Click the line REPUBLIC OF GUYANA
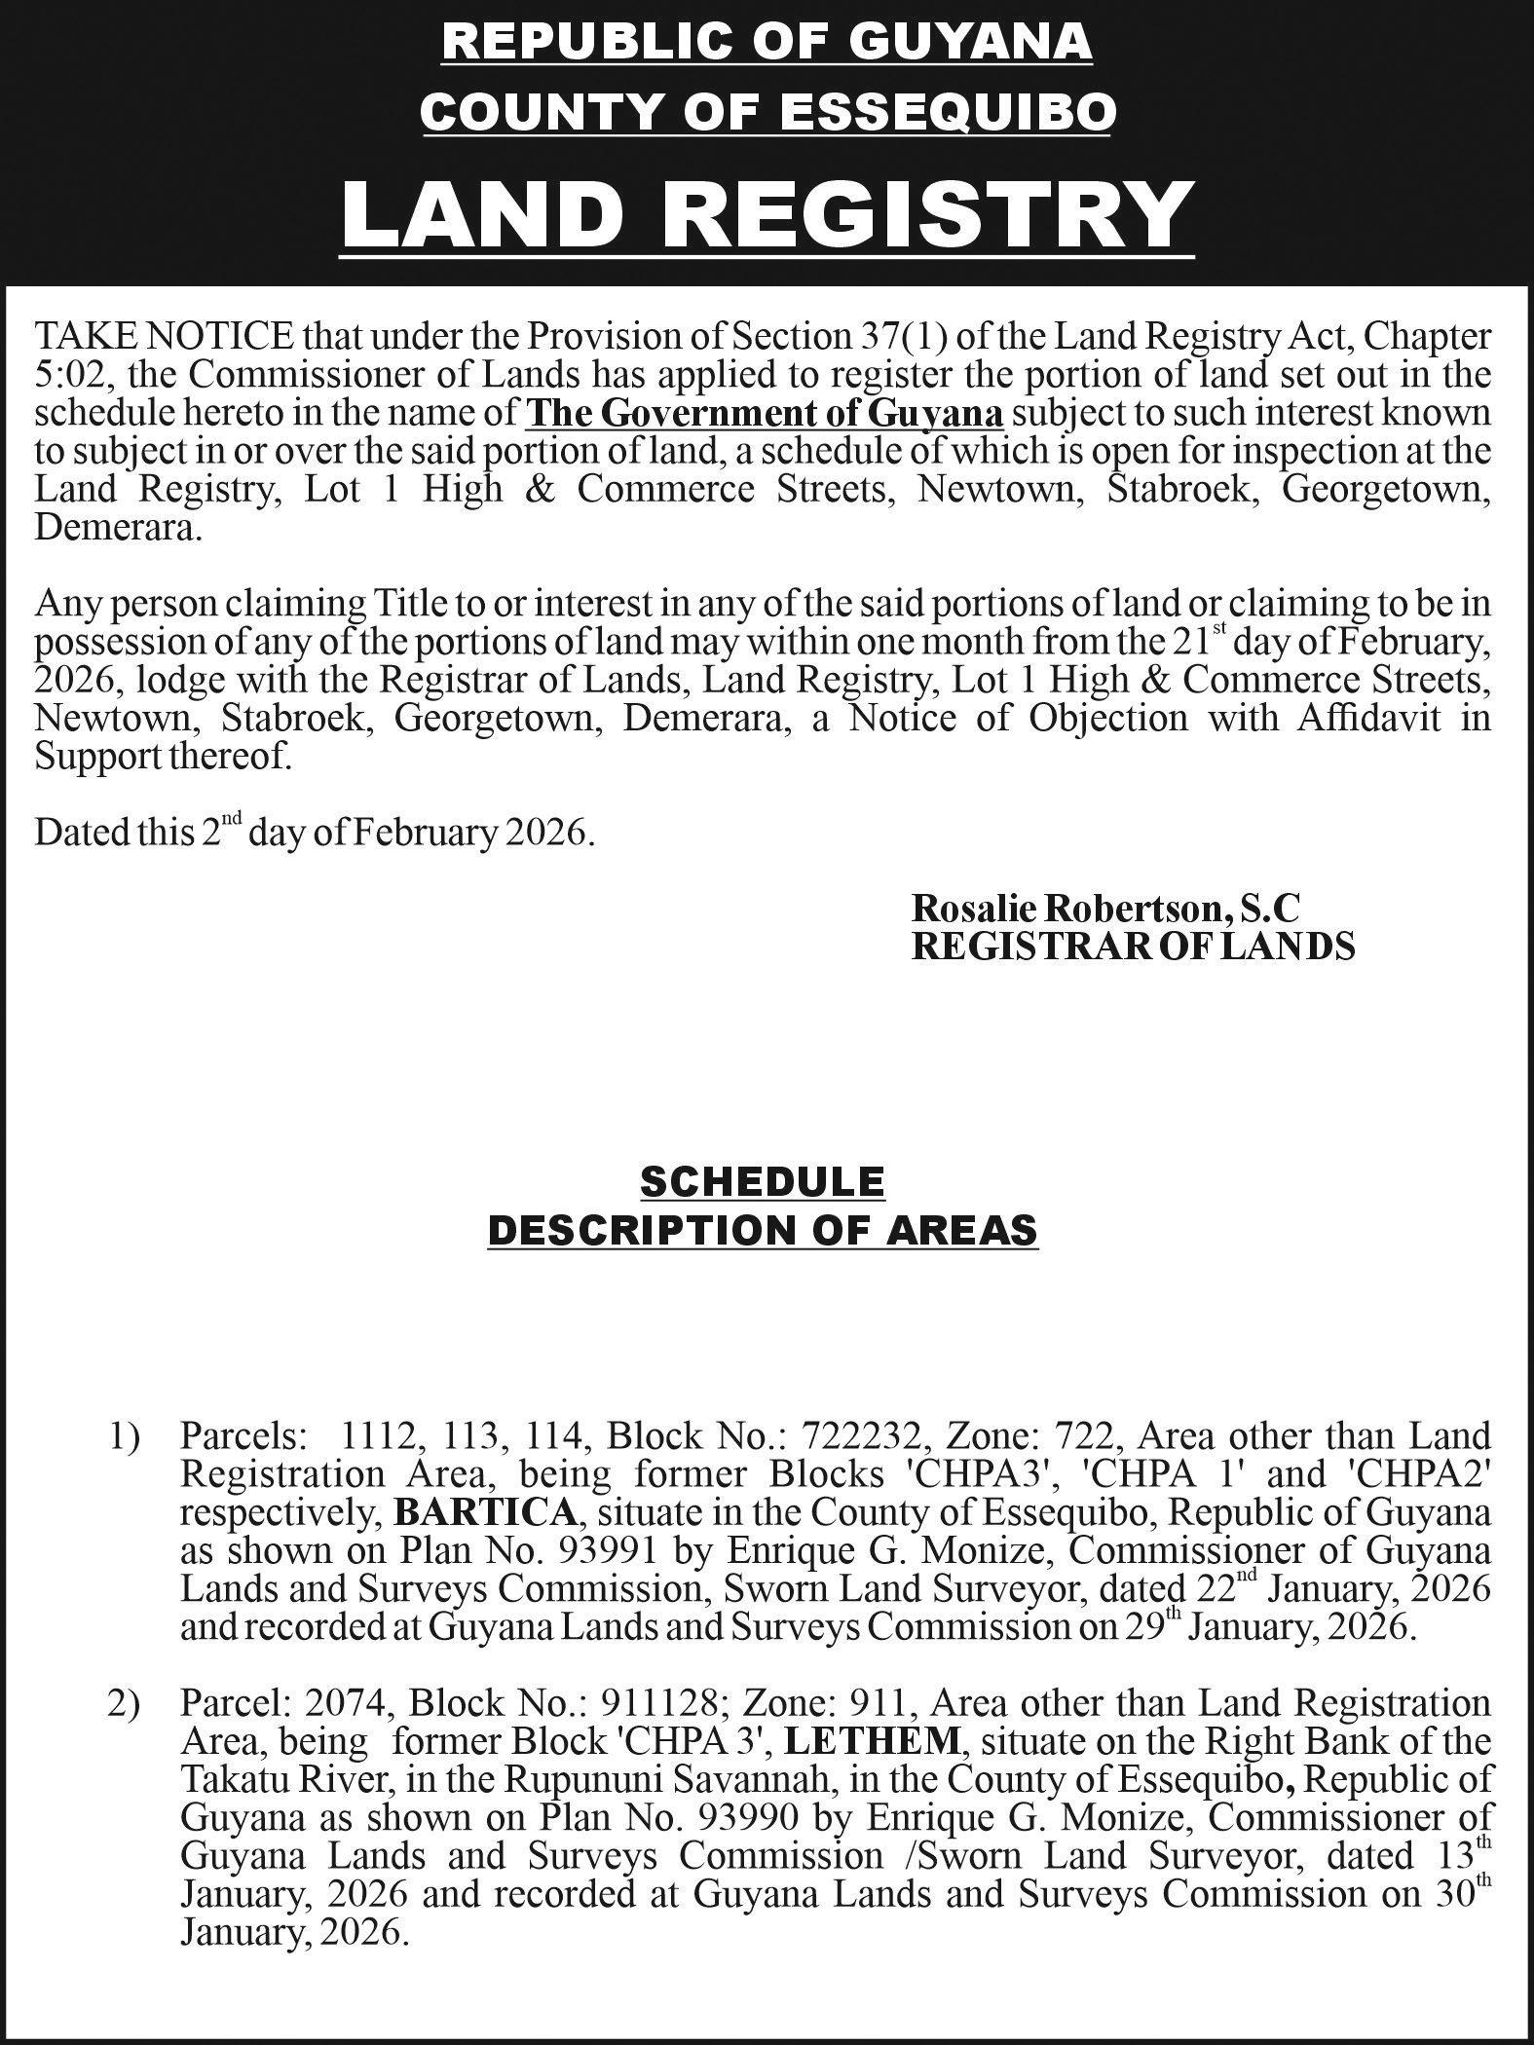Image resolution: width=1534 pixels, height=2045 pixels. pyautogui.click(x=767, y=43)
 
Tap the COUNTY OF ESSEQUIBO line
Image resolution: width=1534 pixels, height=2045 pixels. pyautogui.click(x=767, y=113)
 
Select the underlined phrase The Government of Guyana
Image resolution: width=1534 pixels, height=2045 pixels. pyautogui.click(x=765, y=414)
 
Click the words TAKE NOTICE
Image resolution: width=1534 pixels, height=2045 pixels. pyautogui.click(x=164, y=337)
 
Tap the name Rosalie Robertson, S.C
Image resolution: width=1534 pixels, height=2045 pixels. pyautogui.click(x=1105, y=908)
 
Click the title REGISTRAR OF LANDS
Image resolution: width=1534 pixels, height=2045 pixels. pyautogui.click(x=1133, y=947)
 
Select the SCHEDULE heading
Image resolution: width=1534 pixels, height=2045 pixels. pyautogui.click(x=763, y=1182)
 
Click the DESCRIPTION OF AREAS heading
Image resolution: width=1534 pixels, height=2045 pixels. pyautogui.click(x=763, y=1231)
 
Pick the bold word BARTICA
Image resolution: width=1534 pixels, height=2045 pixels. pyautogui.click(x=484, y=1512)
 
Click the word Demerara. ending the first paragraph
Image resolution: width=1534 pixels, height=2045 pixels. pyautogui.click(x=119, y=530)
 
